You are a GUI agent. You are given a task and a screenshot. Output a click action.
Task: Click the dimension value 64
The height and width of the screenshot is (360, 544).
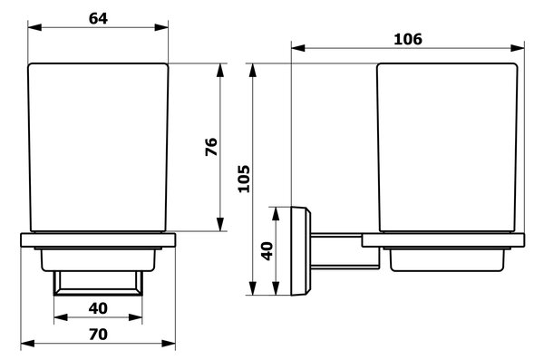98,18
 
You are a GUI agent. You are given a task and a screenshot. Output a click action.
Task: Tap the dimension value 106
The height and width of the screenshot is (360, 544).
408,39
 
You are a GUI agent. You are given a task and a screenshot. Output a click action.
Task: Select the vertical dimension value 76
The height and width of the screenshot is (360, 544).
211,147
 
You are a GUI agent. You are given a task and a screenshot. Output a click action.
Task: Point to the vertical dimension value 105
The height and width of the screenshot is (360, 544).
244,179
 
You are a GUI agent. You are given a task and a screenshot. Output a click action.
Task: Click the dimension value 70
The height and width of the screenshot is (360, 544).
98,335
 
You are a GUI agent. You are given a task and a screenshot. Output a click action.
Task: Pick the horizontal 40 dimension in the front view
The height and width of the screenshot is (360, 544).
98,308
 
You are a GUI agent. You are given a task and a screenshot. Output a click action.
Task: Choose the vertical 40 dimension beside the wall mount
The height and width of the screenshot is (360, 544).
267,251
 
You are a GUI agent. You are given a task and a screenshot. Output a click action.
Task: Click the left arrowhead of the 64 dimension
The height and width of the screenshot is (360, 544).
34,27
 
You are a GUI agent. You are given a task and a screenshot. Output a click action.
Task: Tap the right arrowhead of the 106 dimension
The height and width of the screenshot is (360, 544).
518,48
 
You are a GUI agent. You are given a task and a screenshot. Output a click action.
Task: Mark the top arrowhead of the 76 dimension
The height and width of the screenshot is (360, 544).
220,70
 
